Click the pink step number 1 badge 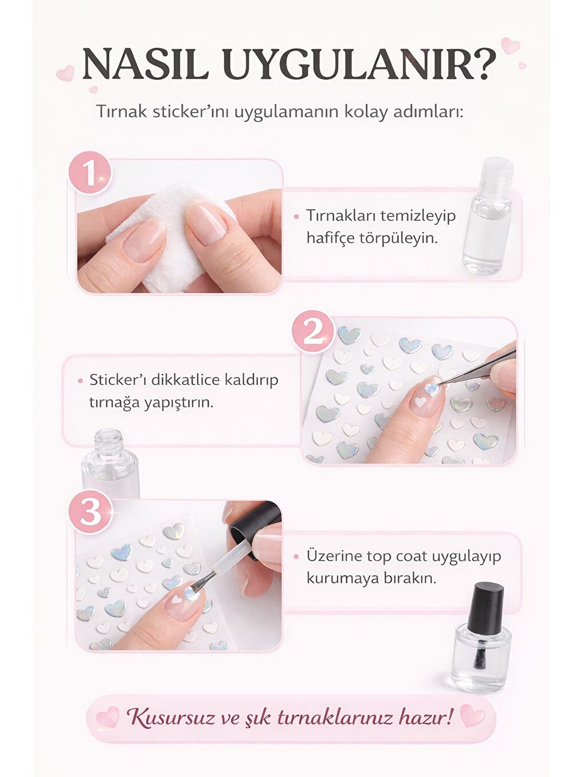tap(90, 172)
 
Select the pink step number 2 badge tap(313, 331)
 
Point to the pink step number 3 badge tap(90, 511)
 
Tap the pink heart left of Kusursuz tap(107, 716)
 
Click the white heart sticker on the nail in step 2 tap(421, 402)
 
